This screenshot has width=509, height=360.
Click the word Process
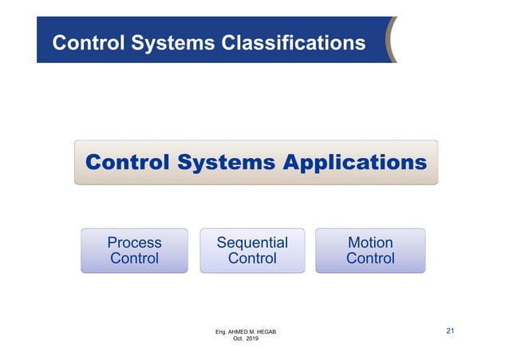(134, 242)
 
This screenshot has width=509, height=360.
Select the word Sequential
(252, 242)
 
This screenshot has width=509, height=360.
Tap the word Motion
(370, 242)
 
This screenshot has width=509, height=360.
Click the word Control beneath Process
(134, 259)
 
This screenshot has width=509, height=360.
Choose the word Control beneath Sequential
(252, 259)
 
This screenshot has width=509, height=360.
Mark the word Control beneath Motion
(370, 259)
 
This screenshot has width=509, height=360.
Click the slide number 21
(450, 330)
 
